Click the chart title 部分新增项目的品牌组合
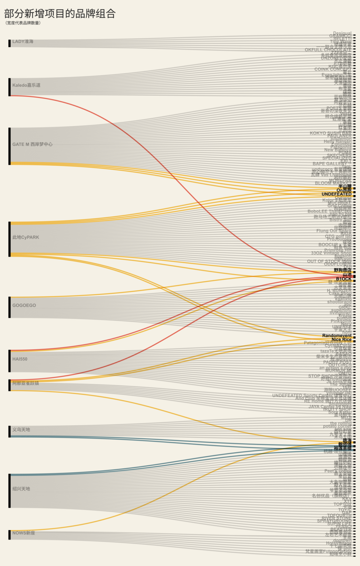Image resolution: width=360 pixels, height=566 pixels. [60, 14]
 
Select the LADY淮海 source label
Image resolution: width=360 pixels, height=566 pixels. [23, 42]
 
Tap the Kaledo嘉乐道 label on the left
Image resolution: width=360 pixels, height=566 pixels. [26, 85]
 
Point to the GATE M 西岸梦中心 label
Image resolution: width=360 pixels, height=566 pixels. [32, 144]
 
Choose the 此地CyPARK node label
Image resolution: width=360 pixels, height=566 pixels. [26, 237]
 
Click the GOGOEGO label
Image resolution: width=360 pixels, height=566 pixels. [24, 306]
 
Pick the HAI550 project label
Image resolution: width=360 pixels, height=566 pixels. [20, 359]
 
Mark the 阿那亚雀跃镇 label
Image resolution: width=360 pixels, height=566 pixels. [26, 384]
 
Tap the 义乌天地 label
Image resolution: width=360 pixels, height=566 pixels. [21, 430]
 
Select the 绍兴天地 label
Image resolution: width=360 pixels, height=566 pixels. [21, 489]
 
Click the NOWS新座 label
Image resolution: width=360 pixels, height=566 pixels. [23, 533]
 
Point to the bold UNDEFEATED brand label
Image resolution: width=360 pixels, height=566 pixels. [336, 194]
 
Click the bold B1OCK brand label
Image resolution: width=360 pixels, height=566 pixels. [343, 279]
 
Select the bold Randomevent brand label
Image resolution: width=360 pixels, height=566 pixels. [337, 336]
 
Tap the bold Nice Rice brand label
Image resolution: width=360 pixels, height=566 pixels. [341, 340]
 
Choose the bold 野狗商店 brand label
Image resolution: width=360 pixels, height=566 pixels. [342, 270]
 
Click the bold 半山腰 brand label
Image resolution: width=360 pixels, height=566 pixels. [345, 186]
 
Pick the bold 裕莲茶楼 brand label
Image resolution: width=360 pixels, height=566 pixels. [342, 449]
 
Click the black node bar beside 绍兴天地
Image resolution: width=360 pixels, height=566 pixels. [10, 491]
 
